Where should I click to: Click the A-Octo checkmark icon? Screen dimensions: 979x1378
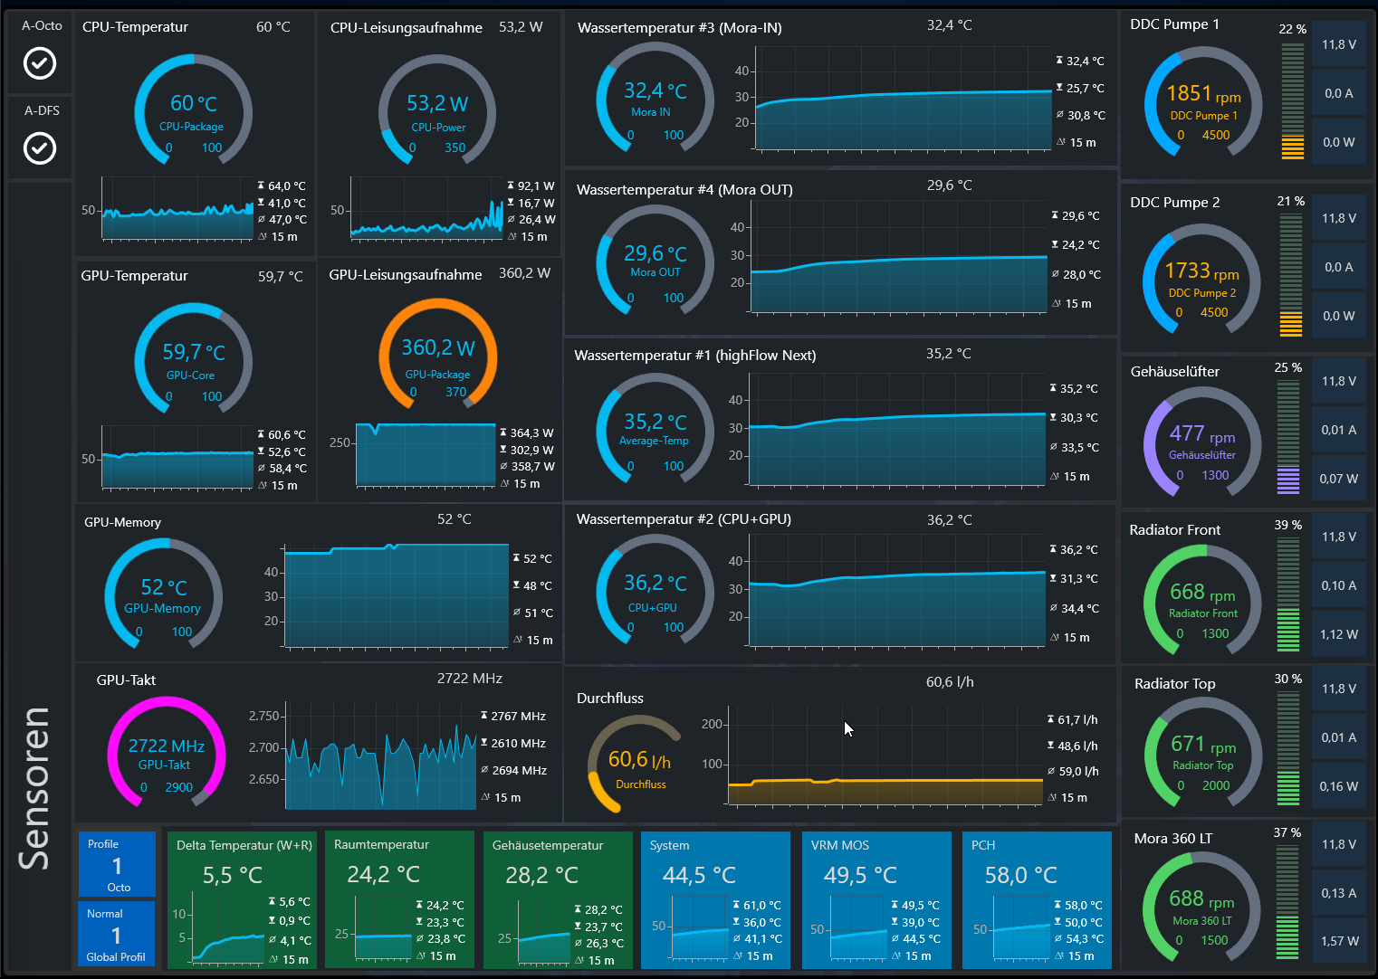click(40, 63)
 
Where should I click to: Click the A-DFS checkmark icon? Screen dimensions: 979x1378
click(40, 148)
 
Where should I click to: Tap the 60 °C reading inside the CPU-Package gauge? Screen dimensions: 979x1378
click(194, 103)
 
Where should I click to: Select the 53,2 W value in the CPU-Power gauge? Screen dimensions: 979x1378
click(437, 103)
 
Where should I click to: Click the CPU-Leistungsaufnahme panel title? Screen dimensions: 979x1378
click(406, 28)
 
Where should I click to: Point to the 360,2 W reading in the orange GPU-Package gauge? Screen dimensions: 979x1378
click(438, 347)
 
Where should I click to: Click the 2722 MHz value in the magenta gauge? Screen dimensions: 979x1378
click(167, 746)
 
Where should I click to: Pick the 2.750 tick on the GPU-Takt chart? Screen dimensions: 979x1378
click(264, 716)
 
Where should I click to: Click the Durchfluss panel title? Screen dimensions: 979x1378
click(610, 699)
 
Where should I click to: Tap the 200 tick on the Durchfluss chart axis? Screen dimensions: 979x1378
click(712, 724)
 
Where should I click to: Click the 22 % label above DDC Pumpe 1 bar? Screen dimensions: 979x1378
click(1292, 29)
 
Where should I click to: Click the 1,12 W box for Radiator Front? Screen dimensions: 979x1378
click(1339, 634)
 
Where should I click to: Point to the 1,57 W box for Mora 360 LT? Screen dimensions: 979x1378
click(1339, 941)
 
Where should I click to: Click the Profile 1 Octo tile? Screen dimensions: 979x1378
click(117, 865)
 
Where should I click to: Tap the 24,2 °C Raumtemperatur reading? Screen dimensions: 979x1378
click(384, 875)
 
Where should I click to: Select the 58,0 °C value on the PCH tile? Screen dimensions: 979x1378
click(1021, 876)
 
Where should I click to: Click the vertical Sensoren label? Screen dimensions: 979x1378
click(34, 787)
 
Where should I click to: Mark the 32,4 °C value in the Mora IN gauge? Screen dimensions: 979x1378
click(656, 90)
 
